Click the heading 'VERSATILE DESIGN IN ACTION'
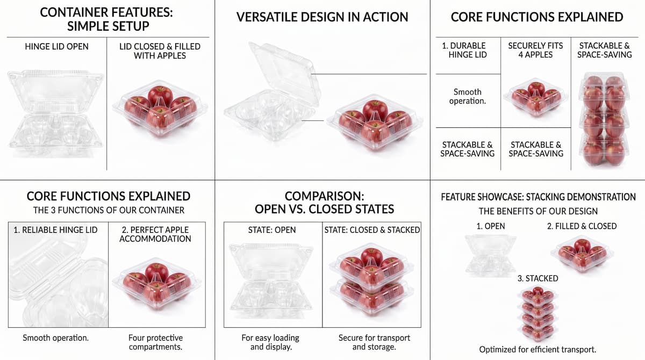322,17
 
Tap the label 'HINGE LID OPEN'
57,47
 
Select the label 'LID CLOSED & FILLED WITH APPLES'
160,51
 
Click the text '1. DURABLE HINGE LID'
468,50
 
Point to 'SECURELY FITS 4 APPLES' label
535,50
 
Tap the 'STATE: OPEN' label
272,230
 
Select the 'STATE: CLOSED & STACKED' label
372,230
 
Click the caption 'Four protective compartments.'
155,342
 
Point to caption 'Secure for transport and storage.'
374,342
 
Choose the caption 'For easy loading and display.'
270,342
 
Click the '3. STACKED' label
537,278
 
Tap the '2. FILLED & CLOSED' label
582,226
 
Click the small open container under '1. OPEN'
491,254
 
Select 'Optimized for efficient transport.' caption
537,350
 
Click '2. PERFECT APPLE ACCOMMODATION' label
155,234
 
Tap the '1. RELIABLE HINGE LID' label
55,230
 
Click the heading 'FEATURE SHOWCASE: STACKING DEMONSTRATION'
538,197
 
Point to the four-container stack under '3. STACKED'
537,314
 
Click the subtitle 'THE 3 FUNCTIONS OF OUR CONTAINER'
109,211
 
